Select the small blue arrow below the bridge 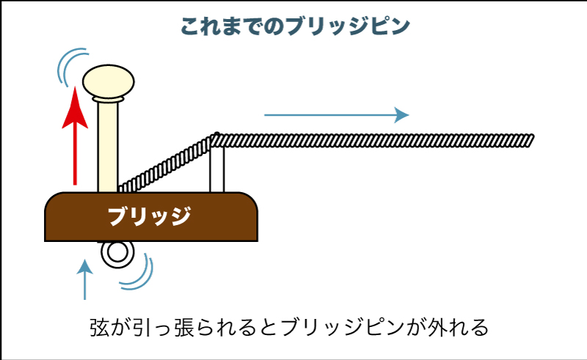[87, 279]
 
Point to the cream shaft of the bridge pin [107, 147]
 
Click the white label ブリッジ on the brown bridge [150, 216]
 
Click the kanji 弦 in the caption [100, 326]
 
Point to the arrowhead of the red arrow [74, 107]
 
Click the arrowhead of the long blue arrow [401, 114]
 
